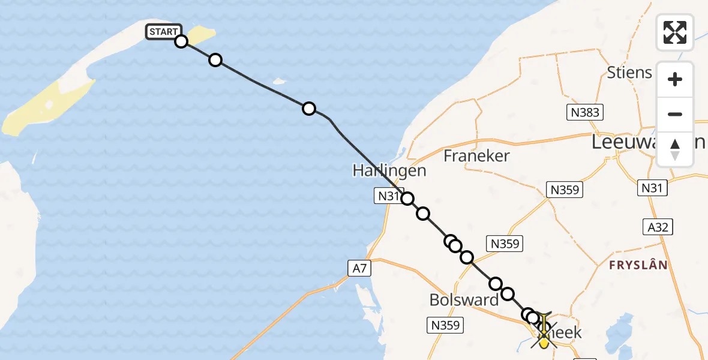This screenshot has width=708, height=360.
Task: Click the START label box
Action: tap(163, 32)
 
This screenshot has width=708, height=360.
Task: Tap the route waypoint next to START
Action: tap(181, 41)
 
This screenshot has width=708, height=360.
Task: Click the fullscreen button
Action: tap(675, 32)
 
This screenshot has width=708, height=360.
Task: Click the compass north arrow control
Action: tap(675, 149)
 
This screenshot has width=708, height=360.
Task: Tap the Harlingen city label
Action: tap(389, 171)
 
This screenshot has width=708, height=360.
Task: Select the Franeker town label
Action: tap(476, 156)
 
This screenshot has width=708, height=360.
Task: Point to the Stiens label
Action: tap(629, 73)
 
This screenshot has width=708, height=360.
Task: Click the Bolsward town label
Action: tap(464, 299)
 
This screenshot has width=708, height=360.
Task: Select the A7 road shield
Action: tap(358, 268)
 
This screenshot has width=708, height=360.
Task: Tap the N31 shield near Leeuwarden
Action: tap(652, 188)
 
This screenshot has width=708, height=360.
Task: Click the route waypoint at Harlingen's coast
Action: tap(407, 199)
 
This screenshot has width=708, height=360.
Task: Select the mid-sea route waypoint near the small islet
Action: tap(308, 109)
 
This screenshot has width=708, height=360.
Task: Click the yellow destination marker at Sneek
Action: tap(544, 341)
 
